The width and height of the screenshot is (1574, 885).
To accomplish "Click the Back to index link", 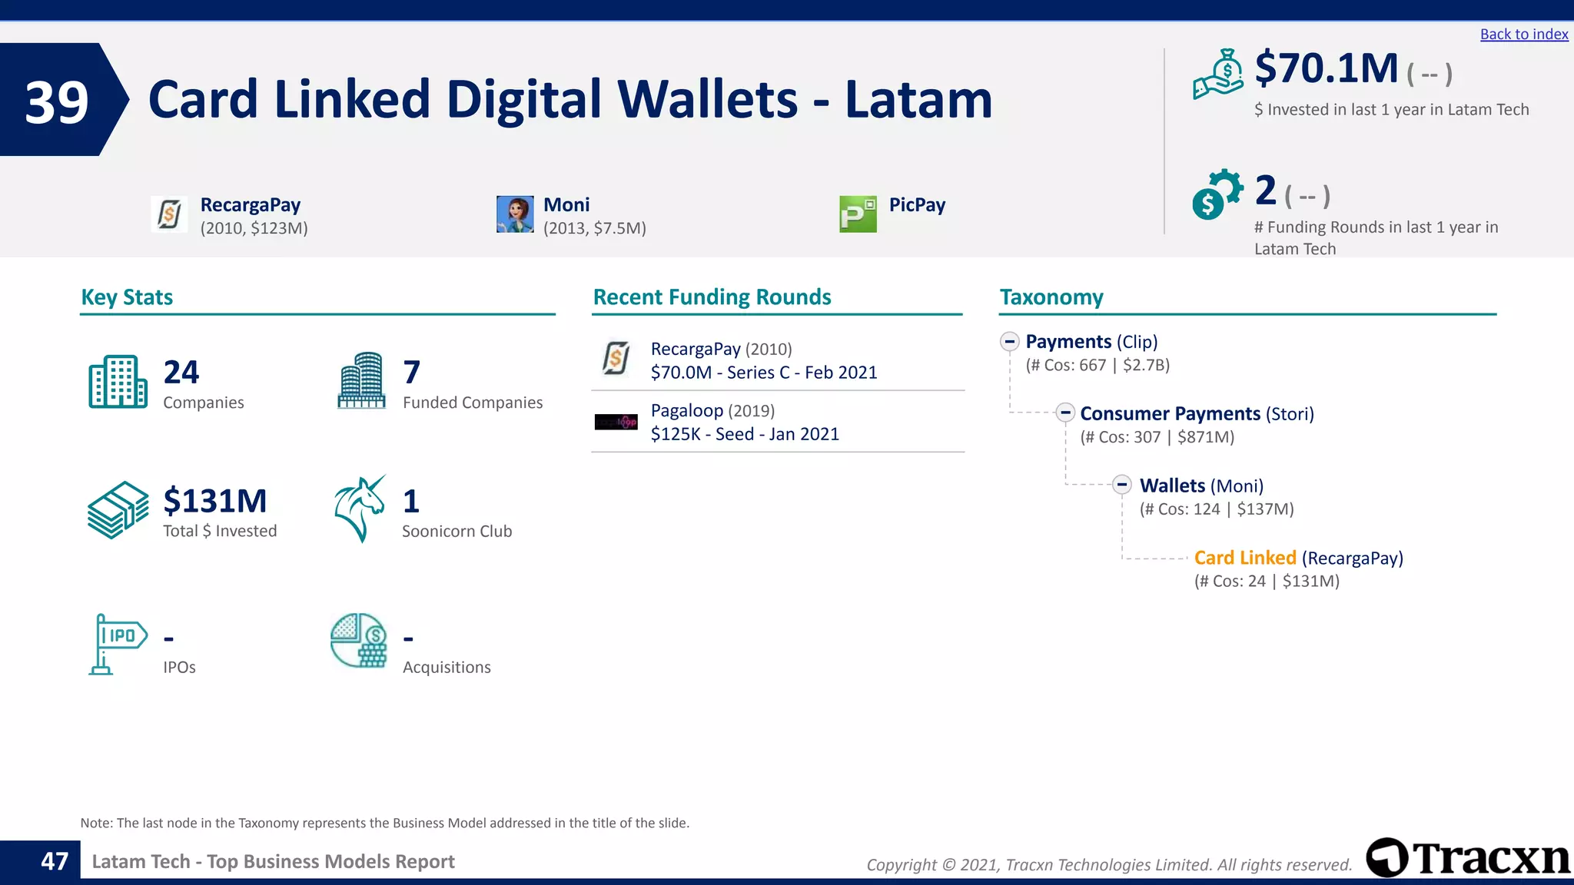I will [x=1523, y=35].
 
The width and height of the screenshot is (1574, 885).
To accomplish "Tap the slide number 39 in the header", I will [x=57, y=101].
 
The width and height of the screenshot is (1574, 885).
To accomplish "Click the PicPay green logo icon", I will [x=858, y=214].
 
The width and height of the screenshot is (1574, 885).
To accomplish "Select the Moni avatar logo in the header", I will [x=515, y=214].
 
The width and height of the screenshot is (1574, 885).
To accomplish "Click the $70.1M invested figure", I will [x=1327, y=69].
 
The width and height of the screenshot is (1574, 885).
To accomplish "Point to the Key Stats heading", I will [x=127, y=297].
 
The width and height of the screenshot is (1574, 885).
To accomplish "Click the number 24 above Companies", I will [x=181, y=373].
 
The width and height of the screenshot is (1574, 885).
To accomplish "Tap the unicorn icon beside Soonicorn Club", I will [x=360, y=509].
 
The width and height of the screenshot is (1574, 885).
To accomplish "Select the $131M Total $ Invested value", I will [x=215, y=501].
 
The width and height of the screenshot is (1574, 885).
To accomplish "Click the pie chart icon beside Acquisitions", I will [x=358, y=641].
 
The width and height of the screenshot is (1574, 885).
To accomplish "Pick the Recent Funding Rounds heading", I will [x=712, y=297].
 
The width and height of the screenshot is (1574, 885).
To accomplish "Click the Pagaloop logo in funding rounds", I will [x=616, y=422].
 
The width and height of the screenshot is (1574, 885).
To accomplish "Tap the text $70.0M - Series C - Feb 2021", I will [x=763, y=373].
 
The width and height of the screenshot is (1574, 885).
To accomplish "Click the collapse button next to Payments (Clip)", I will [x=1010, y=341].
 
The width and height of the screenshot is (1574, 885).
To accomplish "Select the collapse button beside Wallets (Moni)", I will [x=1122, y=485].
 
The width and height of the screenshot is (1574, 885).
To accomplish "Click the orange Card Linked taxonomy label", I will [x=1244, y=558].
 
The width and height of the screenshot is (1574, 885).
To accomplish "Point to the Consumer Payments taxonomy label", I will [x=1170, y=414].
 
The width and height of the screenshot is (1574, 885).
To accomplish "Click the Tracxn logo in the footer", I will [x=1468, y=857].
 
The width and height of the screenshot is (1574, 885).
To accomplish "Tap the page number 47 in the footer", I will [x=55, y=861].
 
